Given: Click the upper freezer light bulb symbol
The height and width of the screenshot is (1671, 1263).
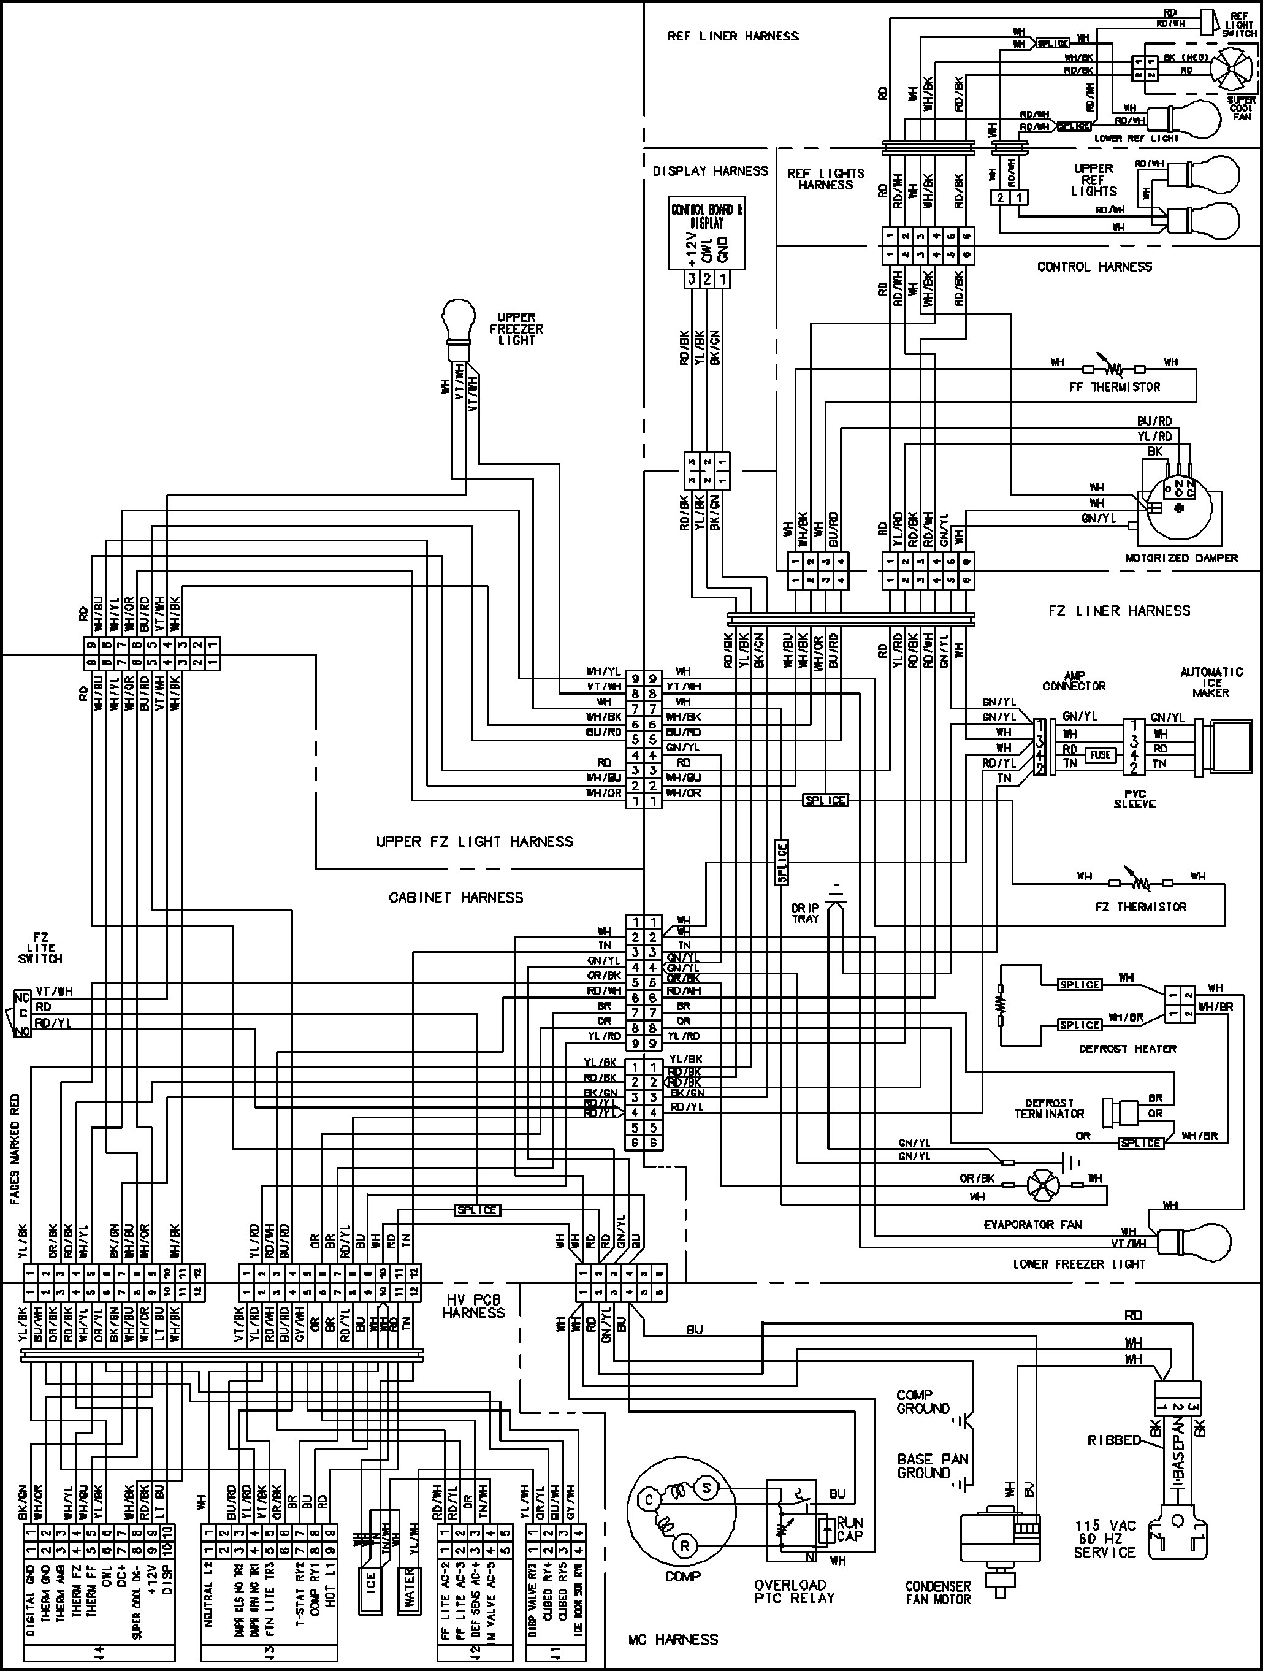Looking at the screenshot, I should (458, 319).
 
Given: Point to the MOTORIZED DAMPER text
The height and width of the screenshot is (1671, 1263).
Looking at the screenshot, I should (1181, 557).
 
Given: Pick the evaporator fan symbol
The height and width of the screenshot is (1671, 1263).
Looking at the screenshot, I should (1042, 1185).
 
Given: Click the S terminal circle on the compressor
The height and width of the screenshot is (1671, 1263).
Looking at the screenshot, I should (707, 1488).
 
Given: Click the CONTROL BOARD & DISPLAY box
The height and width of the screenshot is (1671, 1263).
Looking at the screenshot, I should (707, 234).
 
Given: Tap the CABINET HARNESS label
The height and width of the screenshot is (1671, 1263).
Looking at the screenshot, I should (456, 898).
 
